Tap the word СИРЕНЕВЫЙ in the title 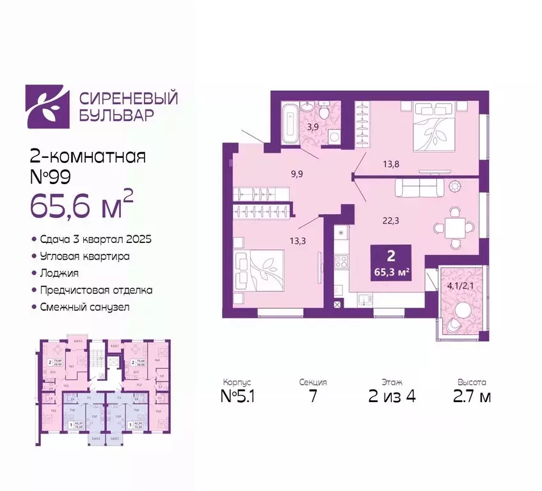[128, 99]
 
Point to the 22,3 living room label [392, 221]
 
